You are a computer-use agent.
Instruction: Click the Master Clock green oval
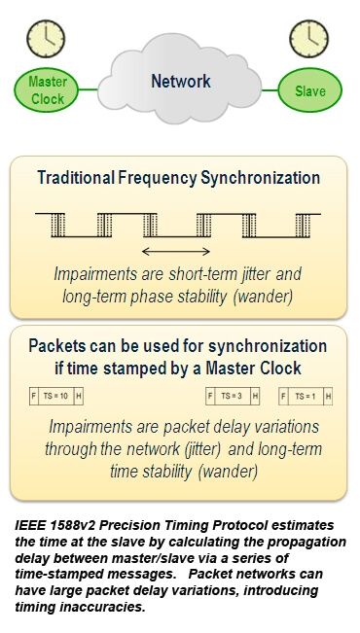46,90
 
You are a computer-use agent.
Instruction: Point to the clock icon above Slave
306,40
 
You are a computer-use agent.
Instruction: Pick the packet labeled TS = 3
233,397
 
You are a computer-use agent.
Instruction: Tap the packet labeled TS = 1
306,397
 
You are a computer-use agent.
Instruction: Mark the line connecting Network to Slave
269,91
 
